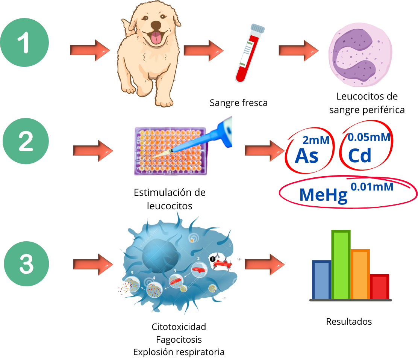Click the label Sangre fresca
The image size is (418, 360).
pyautogui.click(x=239, y=103)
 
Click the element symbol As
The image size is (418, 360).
pyautogui.click(x=307, y=156)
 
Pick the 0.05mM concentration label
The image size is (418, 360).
pyautogui.click(x=369, y=138)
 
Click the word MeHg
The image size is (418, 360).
pyautogui.click(x=323, y=195)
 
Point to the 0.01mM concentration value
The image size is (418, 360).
pyautogui.click(x=372, y=186)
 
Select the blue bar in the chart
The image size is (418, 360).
pyautogui.click(x=321, y=280)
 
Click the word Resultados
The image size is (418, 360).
pyautogui.click(x=348, y=322)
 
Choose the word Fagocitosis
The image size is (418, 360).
pyautogui.click(x=179, y=340)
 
